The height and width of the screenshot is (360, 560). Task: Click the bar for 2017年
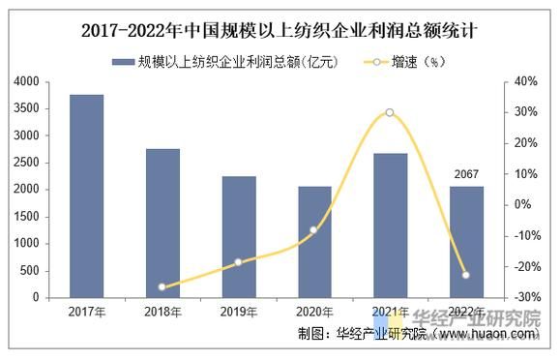click(86, 196)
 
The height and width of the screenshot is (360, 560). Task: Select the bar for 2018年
click(162, 224)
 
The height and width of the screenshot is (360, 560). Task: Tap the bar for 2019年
click(238, 237)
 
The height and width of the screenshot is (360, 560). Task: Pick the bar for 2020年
click(314, 242)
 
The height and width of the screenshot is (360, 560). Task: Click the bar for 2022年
click(466, 242)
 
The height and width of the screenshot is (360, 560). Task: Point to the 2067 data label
click(466, 175)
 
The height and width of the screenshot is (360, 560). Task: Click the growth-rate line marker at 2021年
click(390, 112)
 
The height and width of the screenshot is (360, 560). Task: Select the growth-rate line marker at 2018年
click(162, 286)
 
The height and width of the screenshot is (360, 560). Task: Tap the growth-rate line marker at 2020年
click(314, 229)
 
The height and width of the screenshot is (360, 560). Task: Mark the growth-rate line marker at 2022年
click(466, 275)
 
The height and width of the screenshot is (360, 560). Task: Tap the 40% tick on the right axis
click(524, 82)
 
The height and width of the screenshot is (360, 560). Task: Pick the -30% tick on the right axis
click(524, 297)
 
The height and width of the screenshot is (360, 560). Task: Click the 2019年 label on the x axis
click(238, 312)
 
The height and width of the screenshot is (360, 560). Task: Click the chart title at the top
click(280, 31)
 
